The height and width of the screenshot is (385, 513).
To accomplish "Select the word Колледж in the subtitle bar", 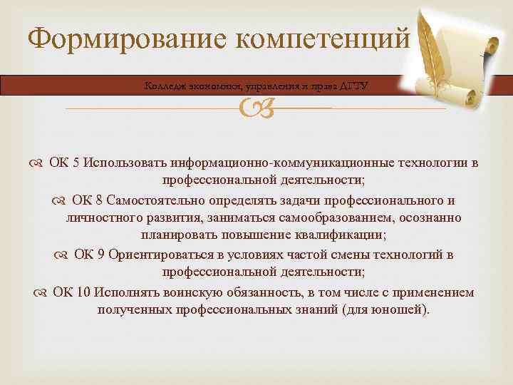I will [x=165, y=86].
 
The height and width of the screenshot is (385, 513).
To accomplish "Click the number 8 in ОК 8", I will [x=97, y=200].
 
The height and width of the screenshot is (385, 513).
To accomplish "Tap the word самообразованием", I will [x=324, y=217].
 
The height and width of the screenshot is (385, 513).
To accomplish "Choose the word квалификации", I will [x=343, y=235].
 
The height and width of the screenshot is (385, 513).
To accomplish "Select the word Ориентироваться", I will [x=161, y=255].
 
